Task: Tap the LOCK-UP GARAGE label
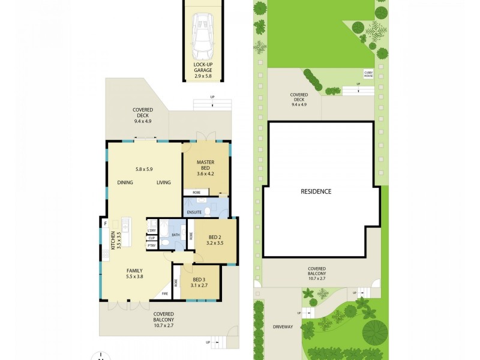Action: coord(203,67)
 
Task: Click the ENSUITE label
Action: coord(194,212)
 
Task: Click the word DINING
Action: coord(125,182)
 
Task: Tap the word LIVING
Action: coord(164,182)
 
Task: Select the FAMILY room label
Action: coord(134,271)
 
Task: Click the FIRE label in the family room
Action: coord(166,294)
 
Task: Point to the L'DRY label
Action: coord(152,230)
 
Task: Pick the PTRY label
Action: coord(152,245)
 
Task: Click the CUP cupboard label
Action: coord(152,238)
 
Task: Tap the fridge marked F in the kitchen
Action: coord(106,225)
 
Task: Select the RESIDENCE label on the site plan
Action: coord(316,191)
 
